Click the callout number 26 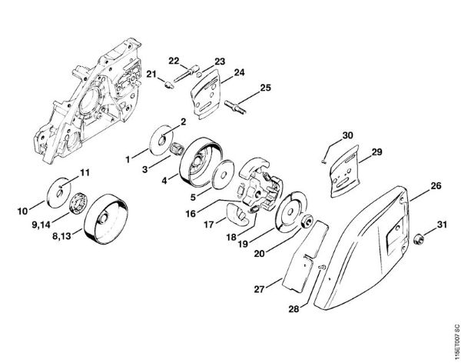pos(435,186)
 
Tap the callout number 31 pos(441,225)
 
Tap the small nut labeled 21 pos(169,85)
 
